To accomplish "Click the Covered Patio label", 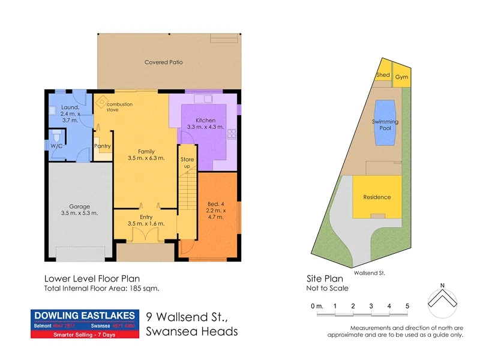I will (x=163, y=62).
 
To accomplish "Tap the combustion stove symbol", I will (x=102, y=101).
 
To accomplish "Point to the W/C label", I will (x=56, y=146).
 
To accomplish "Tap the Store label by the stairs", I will (x=187, y=159).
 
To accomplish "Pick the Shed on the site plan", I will (x=383, y=75).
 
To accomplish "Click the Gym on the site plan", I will (x=401, y=77).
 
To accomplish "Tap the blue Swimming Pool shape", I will (x=385, y=122).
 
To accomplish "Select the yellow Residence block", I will (x=377, y=197).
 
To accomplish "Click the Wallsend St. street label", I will (x=370, y=272).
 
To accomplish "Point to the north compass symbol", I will (x=442, y=299).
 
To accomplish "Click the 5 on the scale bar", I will (x=407, y=306).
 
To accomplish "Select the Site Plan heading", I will (x=325, y=278).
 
